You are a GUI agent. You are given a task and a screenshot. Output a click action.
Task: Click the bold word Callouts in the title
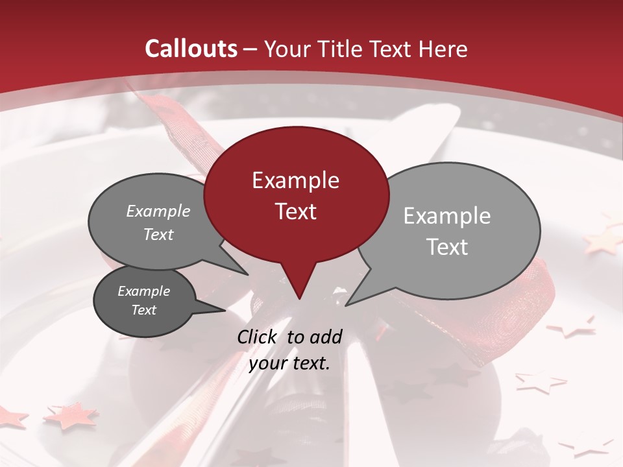click(191, 49)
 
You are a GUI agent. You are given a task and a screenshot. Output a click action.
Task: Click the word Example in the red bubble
click(295, 180)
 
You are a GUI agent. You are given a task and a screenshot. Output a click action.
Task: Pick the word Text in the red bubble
click(295, 211)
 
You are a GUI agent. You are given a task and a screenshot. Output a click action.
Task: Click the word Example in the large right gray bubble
click(447, 216)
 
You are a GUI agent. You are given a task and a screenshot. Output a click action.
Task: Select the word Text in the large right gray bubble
click(447, 247)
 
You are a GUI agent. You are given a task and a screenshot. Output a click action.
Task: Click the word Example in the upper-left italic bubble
click(158, 211)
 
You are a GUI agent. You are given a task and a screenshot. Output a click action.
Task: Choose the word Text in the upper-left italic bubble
click(158, 234)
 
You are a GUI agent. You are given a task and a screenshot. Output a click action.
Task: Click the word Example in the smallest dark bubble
click(143, 291)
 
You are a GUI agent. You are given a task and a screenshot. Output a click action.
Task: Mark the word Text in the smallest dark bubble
click(143, 310)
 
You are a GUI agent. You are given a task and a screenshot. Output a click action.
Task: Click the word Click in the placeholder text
click(258, 337)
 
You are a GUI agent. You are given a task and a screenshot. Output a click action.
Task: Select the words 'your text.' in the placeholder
click(289, 363)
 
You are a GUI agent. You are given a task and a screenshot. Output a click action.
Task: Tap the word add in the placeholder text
click(325, 337)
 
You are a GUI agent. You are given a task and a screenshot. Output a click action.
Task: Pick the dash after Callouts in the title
click(250, 49)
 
